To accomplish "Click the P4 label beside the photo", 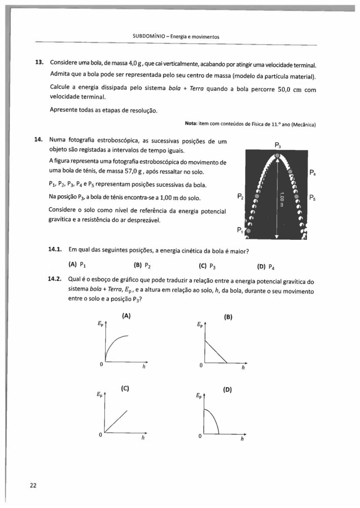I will point(312,172).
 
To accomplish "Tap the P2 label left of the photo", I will point(240,196).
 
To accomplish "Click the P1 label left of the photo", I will point(240,230).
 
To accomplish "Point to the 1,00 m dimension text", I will point(282,199).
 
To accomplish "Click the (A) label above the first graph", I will point(126,316).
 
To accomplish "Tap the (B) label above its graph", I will point(227,317).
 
